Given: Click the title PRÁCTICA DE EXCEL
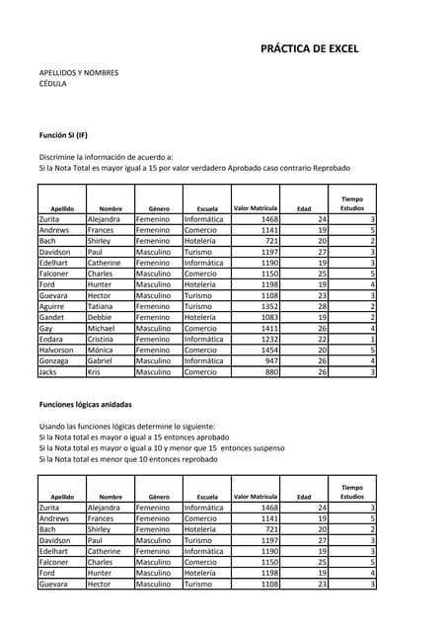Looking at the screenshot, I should point(309,48).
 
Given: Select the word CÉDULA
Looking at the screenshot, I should point(53,84).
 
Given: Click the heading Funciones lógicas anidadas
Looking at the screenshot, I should point(86,405).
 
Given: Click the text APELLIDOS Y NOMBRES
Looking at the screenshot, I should point(79,72).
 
